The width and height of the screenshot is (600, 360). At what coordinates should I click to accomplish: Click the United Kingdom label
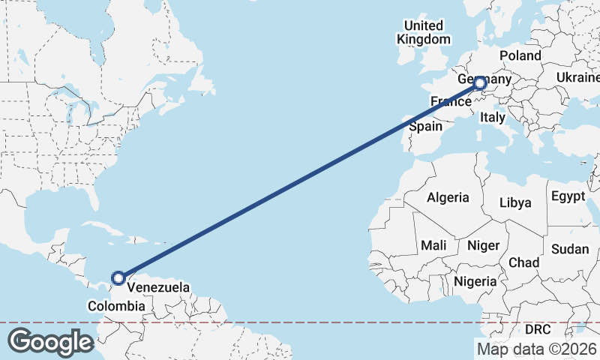tap(424, 32)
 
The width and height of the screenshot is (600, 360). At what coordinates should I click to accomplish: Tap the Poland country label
tap(520, 56)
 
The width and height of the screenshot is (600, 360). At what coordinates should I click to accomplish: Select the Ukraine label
tap(577, 78)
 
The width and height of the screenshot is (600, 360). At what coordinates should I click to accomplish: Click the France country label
tap(450, 101)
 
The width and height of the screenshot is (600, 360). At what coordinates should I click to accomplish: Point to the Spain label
tap(425, 127)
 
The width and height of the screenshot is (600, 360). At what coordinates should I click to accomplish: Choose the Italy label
tap(493, 117)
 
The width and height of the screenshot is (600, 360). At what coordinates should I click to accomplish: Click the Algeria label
tap(448, 198)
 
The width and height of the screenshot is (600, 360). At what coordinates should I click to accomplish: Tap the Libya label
tap(515, 202)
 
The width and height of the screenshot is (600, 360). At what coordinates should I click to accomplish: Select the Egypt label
tap(568, 196)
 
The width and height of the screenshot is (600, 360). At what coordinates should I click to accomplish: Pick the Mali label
tap(433, 245)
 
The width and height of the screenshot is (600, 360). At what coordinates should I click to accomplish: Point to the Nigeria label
tap(475, 281)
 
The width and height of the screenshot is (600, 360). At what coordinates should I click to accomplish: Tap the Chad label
tap(523, 262)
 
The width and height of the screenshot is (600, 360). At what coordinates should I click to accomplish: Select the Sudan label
tap(569, 248)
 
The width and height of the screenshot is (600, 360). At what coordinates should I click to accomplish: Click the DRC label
tap(538, 329)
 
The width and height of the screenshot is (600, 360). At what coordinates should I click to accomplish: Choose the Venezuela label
tap(158, 287)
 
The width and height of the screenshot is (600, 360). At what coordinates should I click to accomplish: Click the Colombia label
tap(116, 306)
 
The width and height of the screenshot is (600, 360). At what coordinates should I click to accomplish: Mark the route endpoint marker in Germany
tap(480, 85)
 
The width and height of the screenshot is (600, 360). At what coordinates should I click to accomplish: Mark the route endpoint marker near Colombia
tap(118, 278)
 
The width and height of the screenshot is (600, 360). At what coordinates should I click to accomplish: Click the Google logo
tap(51, 342)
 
